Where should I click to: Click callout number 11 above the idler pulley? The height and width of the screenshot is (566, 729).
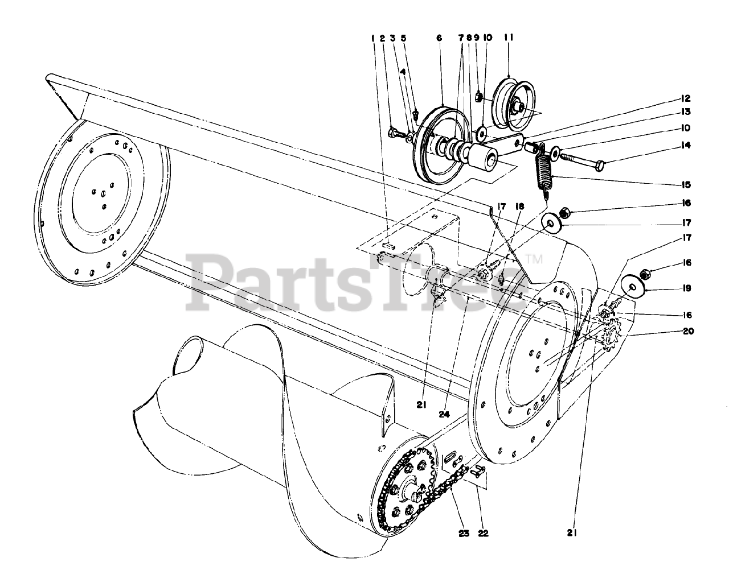pyautogui.click(x=509, y=38)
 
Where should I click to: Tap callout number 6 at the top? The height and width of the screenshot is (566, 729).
pyautogui.click(x=439, y=38)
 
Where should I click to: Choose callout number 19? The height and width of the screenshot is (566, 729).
pyautogui.click(x=687, y=288)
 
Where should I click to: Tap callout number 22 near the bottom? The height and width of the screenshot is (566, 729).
pyautogui.click(x=484, y=534)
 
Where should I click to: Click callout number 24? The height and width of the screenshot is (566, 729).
pyautogui.click(x=445, y=415)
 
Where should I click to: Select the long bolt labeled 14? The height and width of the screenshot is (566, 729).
pyautogui.click(x=581, y=158)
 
